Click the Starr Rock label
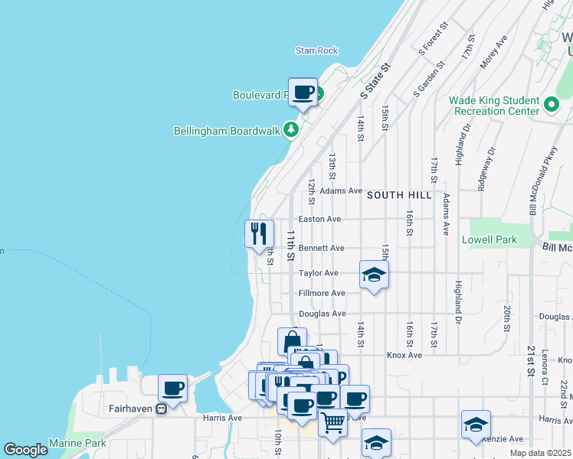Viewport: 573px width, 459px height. (316, 50)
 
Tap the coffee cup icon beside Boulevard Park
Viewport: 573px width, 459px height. (303, 92)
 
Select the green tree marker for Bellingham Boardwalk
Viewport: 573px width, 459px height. (290, 130)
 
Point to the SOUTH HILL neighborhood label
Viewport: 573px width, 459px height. (395, 195)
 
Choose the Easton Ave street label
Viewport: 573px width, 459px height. (319, 219)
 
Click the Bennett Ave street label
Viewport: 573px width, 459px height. (321, 248)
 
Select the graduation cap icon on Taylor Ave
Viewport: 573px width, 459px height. (374, 275)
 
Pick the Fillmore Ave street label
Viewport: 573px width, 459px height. (322, 293)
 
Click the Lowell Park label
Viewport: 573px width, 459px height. (490, 239)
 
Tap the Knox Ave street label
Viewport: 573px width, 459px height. (404, 355)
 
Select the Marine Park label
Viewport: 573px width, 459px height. (77, 443)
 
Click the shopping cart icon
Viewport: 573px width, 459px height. (332, 422)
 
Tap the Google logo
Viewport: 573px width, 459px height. (25, 450)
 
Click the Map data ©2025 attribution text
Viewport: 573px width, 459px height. (540, 453)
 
